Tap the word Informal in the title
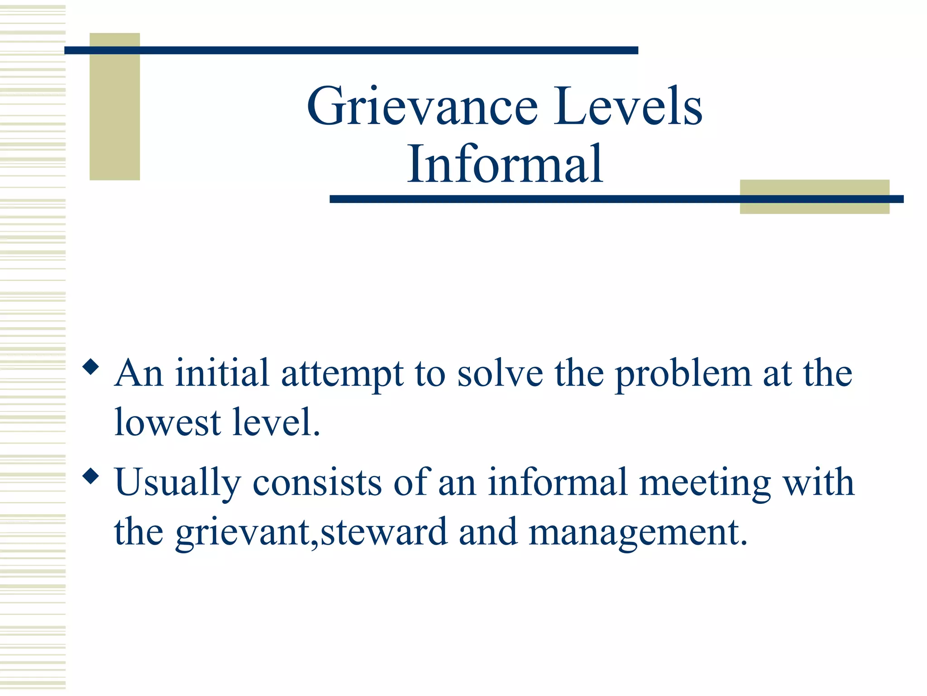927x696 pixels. (x=505, y=164)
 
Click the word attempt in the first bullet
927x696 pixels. (x=342, y=374)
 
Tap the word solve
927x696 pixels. (x=500, y=373)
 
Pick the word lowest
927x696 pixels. (x=167, y=422)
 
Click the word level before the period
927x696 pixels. (x=272, y=422)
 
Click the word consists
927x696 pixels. (x=317, y=482)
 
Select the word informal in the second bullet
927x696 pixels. (x=557, y=482)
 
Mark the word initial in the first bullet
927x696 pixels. (x=222, y=373)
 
